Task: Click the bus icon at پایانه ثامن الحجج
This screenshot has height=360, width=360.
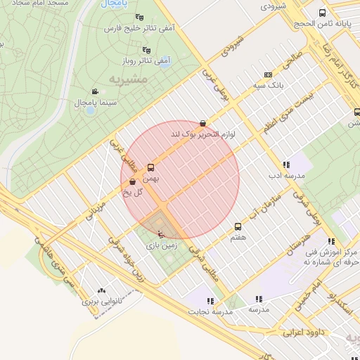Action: [322, 13]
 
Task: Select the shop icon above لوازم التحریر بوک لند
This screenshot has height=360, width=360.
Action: [203, 123]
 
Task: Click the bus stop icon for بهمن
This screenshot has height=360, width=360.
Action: [150, 167]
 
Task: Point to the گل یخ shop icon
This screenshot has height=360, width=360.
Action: [133, 182]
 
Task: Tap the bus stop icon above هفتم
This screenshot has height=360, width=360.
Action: [238, 226]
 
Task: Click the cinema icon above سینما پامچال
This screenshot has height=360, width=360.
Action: [95, 91]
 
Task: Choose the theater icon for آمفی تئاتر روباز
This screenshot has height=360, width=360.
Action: [146, 50]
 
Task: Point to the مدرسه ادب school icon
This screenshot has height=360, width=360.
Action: [285, 165]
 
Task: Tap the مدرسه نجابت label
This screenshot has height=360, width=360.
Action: [210, 310]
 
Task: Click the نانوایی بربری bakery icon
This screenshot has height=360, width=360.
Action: [102, 290]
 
